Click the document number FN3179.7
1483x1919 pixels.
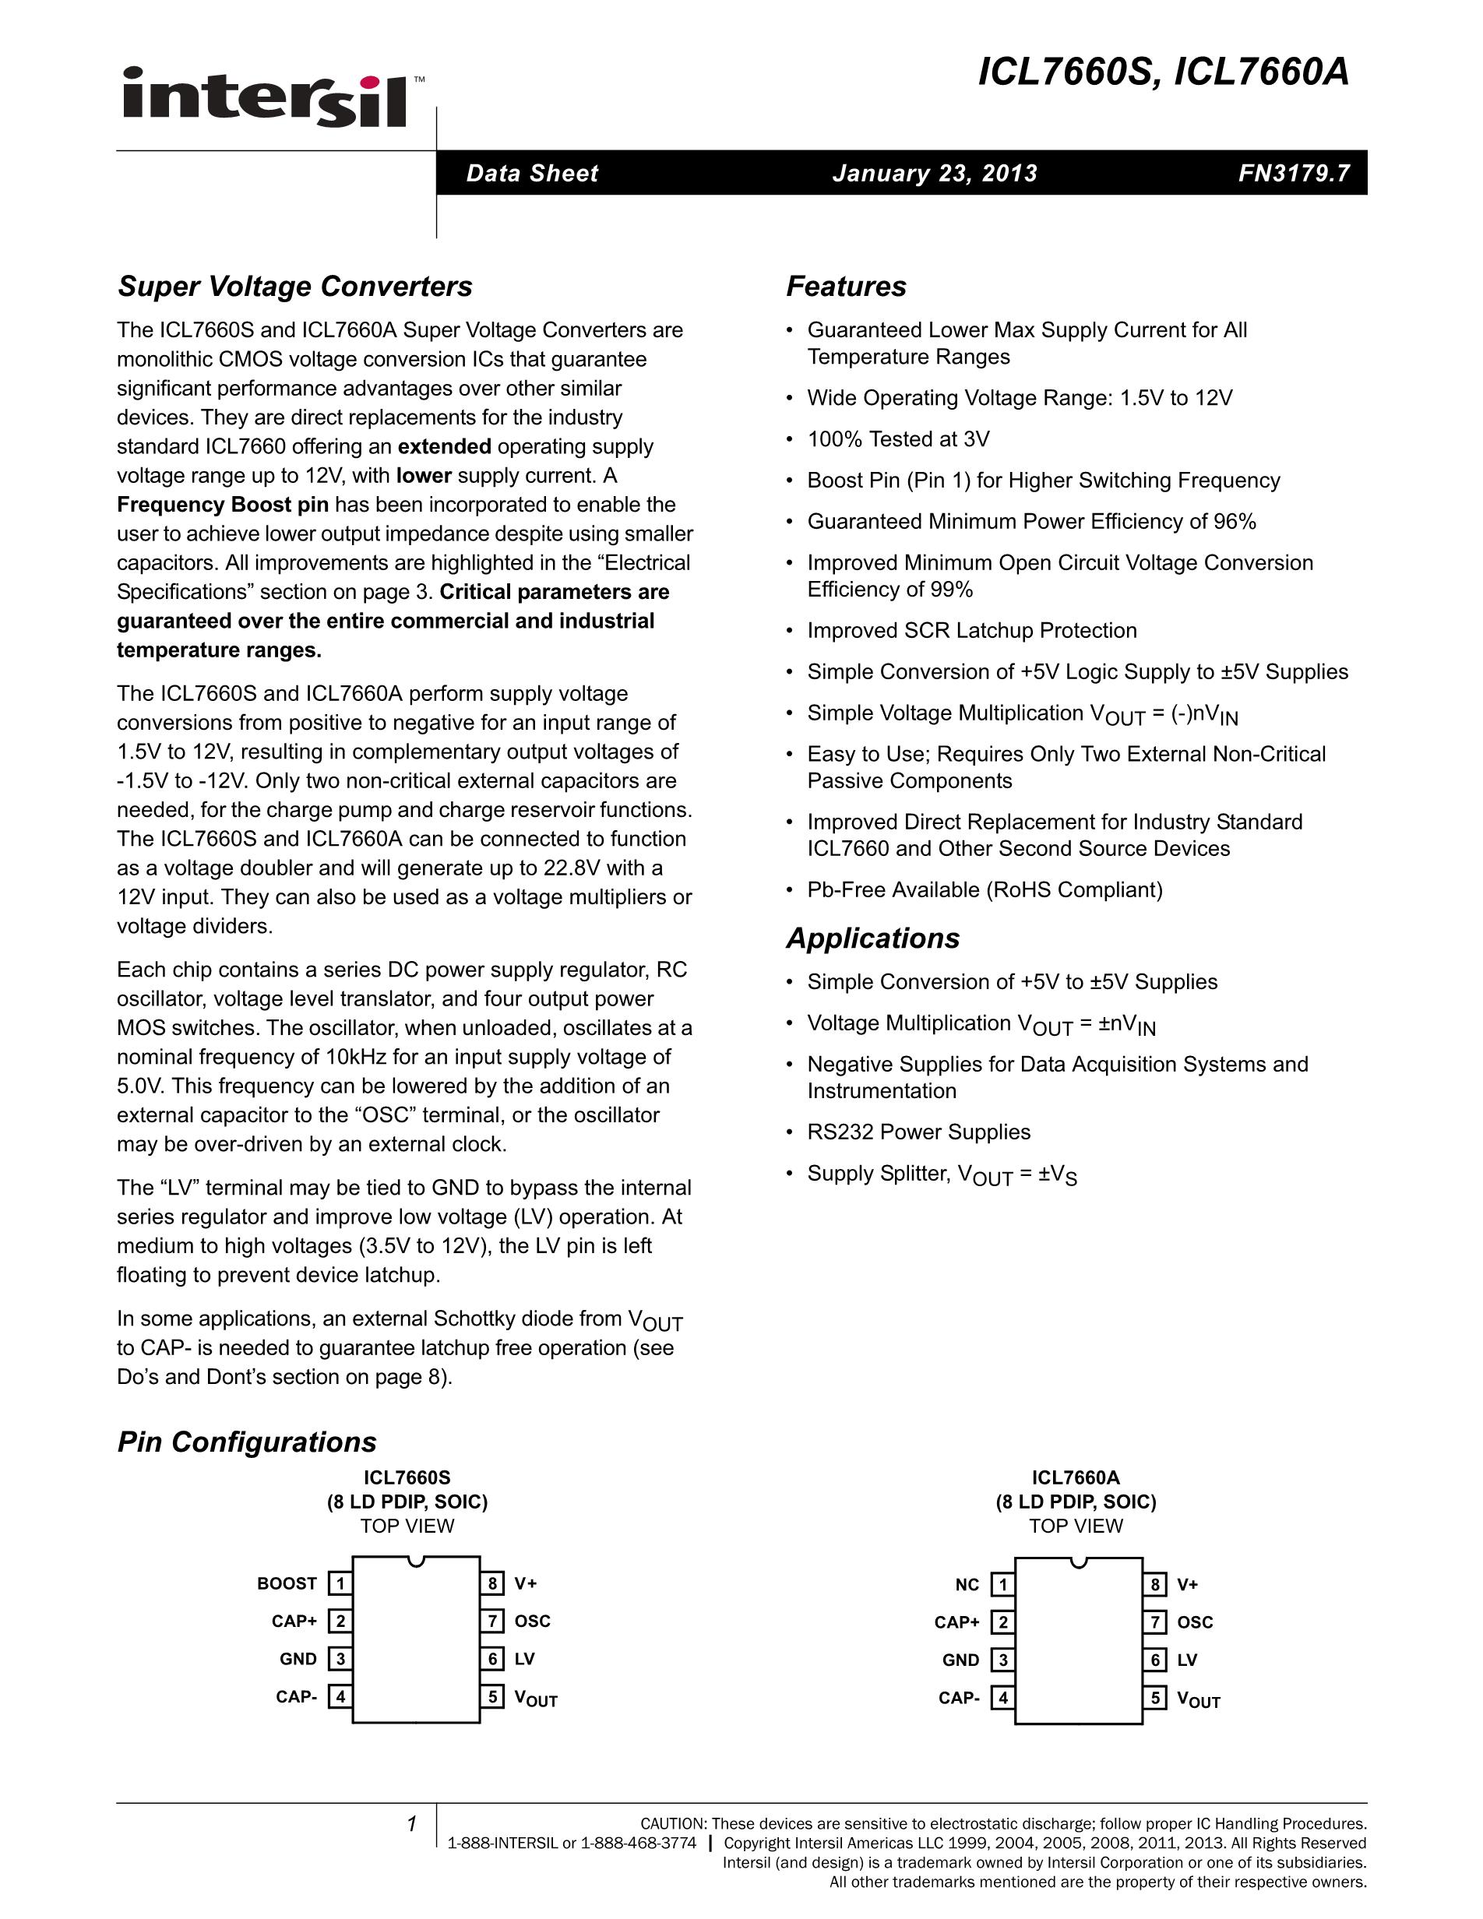point(1293,173)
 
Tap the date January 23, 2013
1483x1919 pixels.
point(935,173)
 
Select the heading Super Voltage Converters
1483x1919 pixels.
point(295,287)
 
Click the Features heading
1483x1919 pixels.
point(846,287)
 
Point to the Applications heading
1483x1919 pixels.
point(872,938)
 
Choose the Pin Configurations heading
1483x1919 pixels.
point(247,1442)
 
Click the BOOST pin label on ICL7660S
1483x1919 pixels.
point(287,1583)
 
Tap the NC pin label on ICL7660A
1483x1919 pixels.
point(967,1584)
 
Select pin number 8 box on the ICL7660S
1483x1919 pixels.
point(493,1583)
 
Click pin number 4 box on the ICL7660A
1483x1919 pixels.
point(1002,1698)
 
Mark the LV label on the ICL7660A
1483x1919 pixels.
point(1187,1660)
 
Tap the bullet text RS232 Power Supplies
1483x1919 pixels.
point(919,1132)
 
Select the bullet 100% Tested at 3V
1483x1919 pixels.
point(898,438)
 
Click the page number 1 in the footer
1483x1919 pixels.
point(411,1824)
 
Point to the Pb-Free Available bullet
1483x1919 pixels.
point(985,889)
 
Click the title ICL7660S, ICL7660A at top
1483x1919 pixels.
point(1163,72)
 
